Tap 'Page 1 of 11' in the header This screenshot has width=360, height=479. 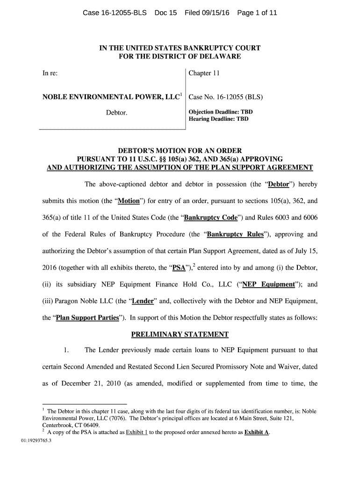(257, 13)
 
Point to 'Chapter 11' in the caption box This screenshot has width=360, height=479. (204, 73)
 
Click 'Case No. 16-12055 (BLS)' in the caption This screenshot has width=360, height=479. (225, 98)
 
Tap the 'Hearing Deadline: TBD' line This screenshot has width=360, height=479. (218, 119)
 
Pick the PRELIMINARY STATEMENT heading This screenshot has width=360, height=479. (180, 334)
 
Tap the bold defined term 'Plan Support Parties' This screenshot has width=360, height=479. (87, 318)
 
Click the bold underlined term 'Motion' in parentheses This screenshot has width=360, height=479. (129, 202)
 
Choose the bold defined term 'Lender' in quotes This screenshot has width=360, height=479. (143, 301)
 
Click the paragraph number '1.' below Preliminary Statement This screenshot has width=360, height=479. (66, 350)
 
